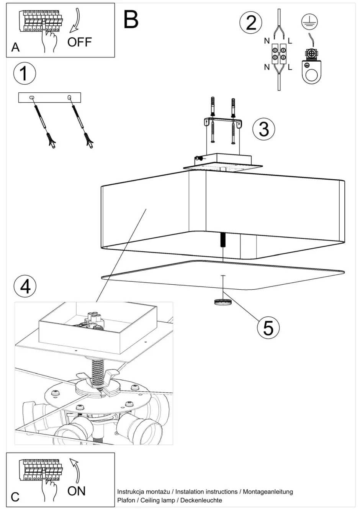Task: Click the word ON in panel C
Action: click(76, 491)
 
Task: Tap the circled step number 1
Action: click(25, 73)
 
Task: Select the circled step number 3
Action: click(264, 129)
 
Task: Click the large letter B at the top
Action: click(131, 20)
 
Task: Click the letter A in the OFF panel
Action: click(15, 47)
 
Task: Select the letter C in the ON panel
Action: click(15, 497)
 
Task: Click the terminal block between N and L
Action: click(279, 53)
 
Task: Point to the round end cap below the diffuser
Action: click(223, 302)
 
